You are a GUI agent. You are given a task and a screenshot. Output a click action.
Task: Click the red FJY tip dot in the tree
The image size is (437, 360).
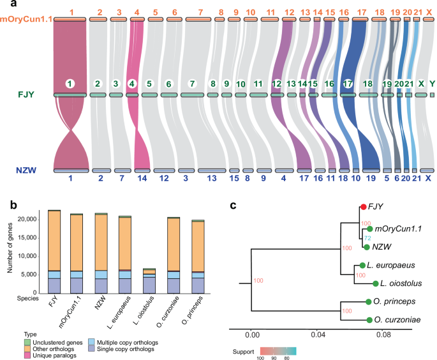tap(362, 206)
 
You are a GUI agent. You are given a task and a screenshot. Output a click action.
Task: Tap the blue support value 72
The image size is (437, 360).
tap(367, 237)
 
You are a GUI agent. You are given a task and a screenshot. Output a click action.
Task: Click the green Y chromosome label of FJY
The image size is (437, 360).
tap(432, 84)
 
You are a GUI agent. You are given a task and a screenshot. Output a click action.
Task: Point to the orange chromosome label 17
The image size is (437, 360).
tap(362, 11)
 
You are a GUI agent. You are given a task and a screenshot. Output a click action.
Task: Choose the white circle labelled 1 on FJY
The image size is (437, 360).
tap(70, 84)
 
